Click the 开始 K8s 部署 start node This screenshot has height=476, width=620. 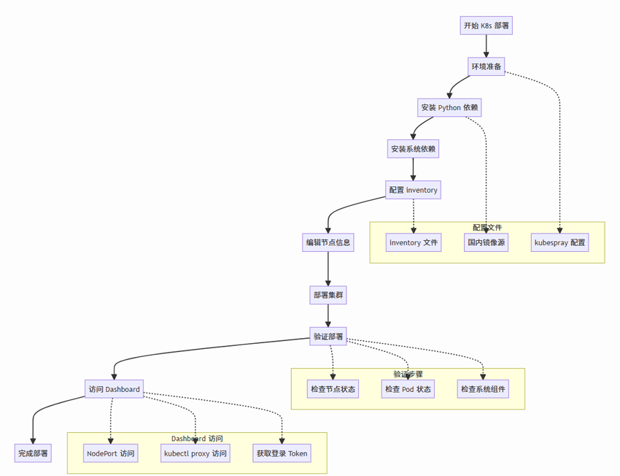[x=486, y=26]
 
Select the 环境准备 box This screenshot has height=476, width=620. [x=486, y=66]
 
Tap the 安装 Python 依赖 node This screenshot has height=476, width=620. [x=449, y=107]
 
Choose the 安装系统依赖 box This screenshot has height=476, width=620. [x=414, y=149]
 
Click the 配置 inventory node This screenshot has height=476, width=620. [x=414, y=190]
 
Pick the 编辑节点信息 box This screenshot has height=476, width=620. [x=328, y=242]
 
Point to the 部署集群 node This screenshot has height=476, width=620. [x=328, y=295]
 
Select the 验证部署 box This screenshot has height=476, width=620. [x=328, y=337]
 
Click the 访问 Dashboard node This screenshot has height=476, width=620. [x=114, y=389]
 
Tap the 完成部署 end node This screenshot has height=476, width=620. [x=34, y=453]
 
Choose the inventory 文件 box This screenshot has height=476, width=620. [x=414, y=242]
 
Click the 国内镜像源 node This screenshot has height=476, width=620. [x=487, y=242]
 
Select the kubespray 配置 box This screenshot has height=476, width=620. [x=560, y=242]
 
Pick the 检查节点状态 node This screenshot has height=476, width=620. [x=333, y=389]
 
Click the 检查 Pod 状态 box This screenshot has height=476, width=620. [x=408, y=389]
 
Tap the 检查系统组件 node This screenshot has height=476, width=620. [x=483, y=389]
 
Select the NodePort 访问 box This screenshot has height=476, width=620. [x=111, y=453]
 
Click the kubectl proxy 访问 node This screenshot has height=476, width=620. [x=195, y=453]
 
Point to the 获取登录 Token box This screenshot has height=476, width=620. [x=282, y=453]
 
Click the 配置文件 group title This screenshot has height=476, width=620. [x=487, y=228]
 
